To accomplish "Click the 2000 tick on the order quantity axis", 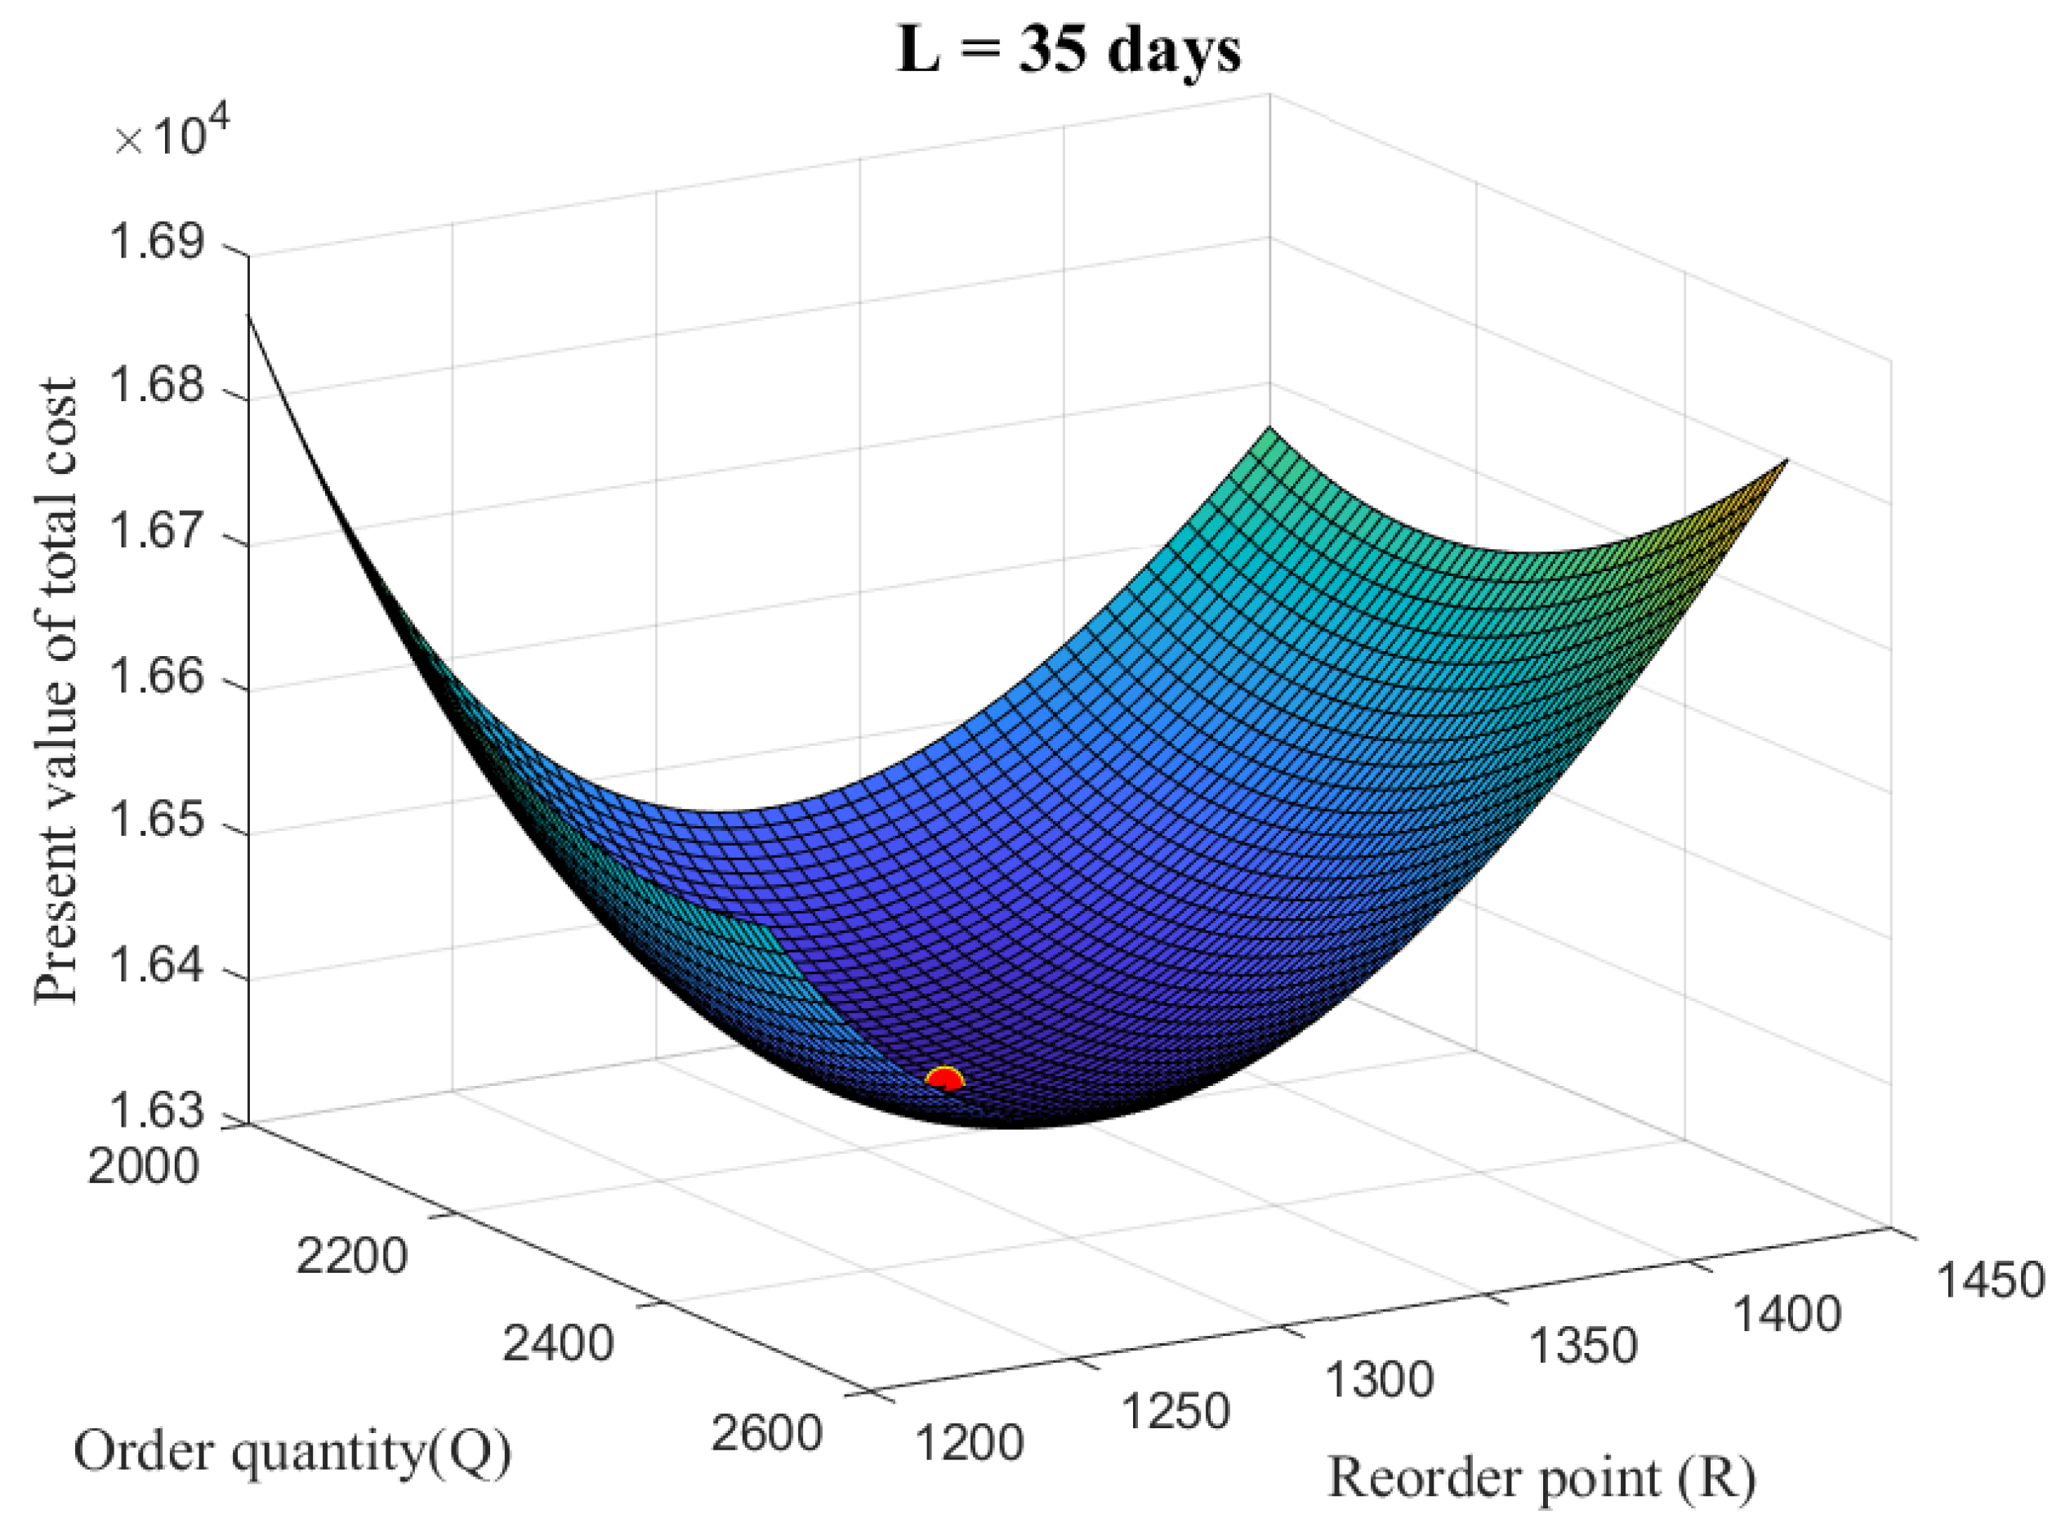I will [144, 1166].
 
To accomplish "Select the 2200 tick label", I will [351, 1257].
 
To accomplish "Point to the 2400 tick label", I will [557, 1344].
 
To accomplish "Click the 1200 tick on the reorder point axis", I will [970, 1443].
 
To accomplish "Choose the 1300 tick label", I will [1380, 1380].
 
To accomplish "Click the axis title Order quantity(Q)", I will [293, 1452].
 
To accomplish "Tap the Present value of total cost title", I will [56, 691].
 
